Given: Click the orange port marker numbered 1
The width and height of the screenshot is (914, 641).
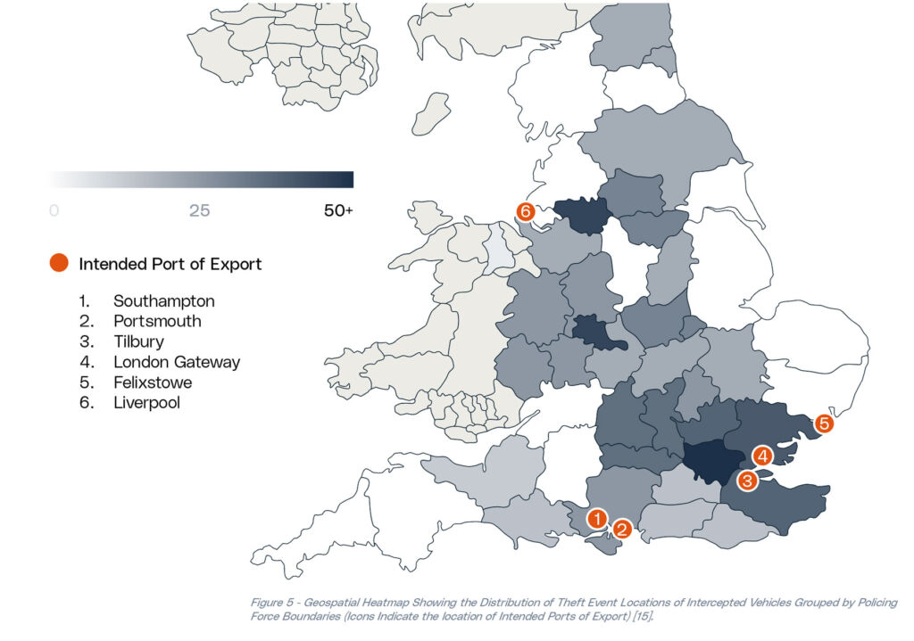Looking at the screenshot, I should point(597,517).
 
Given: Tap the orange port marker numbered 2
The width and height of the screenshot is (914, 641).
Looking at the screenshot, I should point(623,529).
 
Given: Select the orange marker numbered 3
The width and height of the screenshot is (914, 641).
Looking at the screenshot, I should point(748,481).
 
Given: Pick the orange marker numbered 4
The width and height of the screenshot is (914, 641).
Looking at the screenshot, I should point(761,456).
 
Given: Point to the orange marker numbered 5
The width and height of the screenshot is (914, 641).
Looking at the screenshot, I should point(825,423).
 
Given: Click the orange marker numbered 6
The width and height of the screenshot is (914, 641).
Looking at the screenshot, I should point(526,211).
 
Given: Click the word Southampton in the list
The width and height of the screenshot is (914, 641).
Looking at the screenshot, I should point(164,301).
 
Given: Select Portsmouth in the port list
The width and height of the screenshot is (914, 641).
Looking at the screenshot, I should point(157,322).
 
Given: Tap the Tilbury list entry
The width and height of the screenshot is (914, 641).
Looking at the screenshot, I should point(138,341).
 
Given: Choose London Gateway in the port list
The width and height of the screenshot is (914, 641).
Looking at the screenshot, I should point(177,362).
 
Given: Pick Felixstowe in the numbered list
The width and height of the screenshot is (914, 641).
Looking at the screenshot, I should point(153,382).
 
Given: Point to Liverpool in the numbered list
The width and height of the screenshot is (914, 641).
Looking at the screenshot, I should point(145,403).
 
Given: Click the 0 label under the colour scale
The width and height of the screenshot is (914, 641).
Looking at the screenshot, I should point(54,211).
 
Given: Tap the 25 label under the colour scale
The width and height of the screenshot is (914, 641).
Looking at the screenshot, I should point(199,211).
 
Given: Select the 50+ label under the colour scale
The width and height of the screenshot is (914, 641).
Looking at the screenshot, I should point(337,211).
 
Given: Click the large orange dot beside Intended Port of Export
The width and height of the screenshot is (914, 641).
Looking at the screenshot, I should point(58,263).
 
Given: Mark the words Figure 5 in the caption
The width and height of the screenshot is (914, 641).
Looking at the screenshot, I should point(277,604).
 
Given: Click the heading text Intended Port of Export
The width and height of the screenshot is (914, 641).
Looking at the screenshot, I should point(170,264).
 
